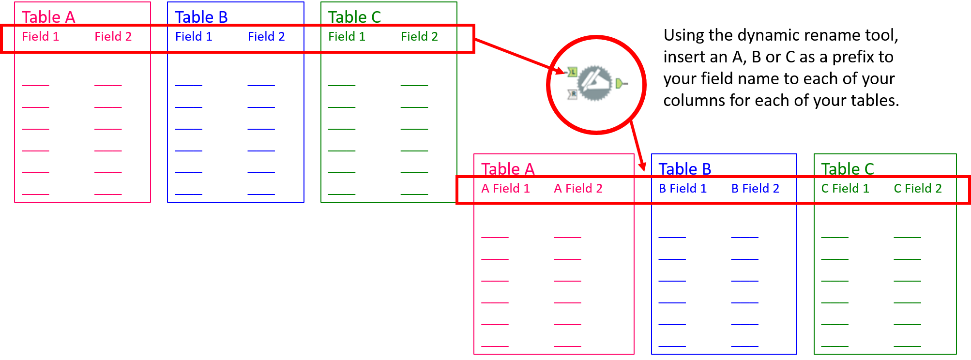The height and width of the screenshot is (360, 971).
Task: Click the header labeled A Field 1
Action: point(505,188)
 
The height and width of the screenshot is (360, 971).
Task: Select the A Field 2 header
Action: point(578,188)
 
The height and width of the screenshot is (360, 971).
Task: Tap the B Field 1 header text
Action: point(683,188)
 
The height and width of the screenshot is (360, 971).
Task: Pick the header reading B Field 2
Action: point(755,188)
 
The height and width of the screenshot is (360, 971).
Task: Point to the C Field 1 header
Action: point(845,188)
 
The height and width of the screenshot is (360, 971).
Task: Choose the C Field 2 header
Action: point(918,188)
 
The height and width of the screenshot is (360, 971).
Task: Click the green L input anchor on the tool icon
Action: point(573,72)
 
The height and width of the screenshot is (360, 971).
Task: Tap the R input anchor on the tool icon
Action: point(573,94)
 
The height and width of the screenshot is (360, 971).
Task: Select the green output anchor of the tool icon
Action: point(620,84)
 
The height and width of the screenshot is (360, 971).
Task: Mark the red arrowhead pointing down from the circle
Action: point(642,166)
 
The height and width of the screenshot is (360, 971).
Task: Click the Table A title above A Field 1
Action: point(508,169)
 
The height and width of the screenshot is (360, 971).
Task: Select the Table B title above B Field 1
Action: point(684,169)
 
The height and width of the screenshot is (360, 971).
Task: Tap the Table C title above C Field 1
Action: point(848,169)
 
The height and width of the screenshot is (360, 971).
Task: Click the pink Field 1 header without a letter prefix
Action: point(41,36)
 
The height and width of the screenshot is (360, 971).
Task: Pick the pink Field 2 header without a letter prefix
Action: point(113,36)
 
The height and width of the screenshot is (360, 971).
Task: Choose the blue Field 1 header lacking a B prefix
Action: point(194,36)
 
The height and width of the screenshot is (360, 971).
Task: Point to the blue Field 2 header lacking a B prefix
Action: point(266,36)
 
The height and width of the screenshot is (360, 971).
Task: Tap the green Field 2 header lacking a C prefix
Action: point(419,36)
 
